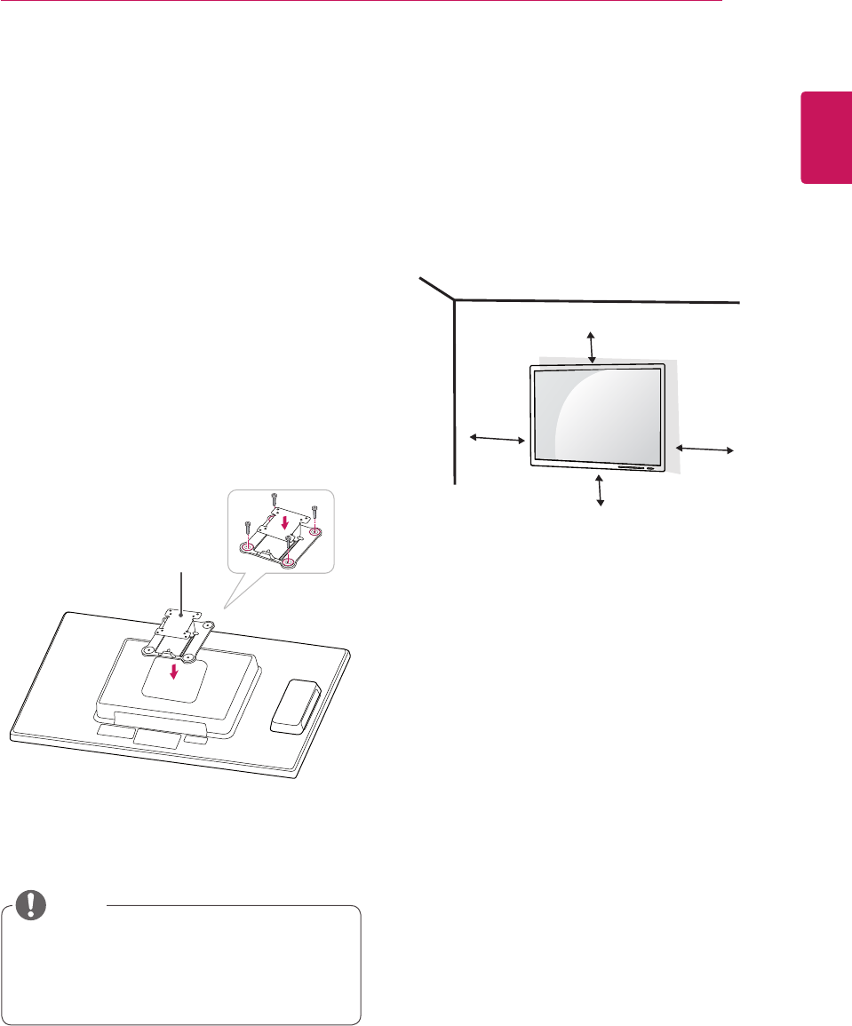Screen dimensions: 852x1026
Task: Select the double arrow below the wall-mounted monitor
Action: [601, 490]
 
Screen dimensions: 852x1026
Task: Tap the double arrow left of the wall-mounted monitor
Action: [497, 438]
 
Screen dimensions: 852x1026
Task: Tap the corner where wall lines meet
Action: [454, 299]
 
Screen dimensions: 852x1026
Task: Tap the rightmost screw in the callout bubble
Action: [315, 511]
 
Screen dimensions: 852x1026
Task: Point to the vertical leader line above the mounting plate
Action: [181, 591]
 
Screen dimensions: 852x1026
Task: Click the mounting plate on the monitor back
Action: [181, 623]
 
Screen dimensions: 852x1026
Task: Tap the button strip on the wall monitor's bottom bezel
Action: [636, 468]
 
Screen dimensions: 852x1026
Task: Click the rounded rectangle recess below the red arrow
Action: [175, 682]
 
